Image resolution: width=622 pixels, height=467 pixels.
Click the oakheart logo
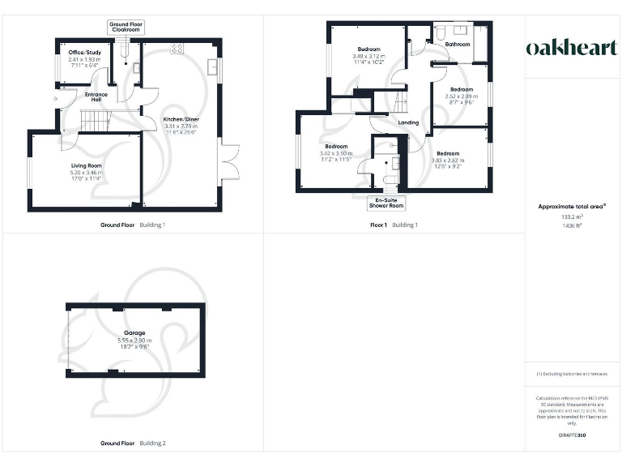coord(572,48)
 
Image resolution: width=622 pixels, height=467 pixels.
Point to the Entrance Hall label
coord(96,96)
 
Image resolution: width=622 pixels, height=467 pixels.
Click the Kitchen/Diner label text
coord(181,119)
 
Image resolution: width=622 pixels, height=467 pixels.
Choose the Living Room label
coord(86,165)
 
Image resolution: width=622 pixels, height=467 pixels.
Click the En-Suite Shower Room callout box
coord(386,204)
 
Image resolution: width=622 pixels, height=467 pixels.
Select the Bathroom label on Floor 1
coord(458,44)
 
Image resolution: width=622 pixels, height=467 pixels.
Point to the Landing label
coord(408,122)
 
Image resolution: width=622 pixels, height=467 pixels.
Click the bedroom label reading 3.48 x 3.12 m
coord(369,49)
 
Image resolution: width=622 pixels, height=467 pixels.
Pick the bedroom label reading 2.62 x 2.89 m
coord(461,89)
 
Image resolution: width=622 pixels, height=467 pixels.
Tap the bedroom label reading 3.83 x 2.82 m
coord(447,153)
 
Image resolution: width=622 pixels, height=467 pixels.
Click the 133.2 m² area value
coord(572,217)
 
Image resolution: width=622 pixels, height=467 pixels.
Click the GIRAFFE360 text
coord(572,436)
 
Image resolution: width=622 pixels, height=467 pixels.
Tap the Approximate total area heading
coord(572,207)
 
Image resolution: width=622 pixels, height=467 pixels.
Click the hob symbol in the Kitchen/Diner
coord(177,48)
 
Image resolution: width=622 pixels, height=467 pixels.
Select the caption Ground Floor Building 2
coord(133,443)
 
